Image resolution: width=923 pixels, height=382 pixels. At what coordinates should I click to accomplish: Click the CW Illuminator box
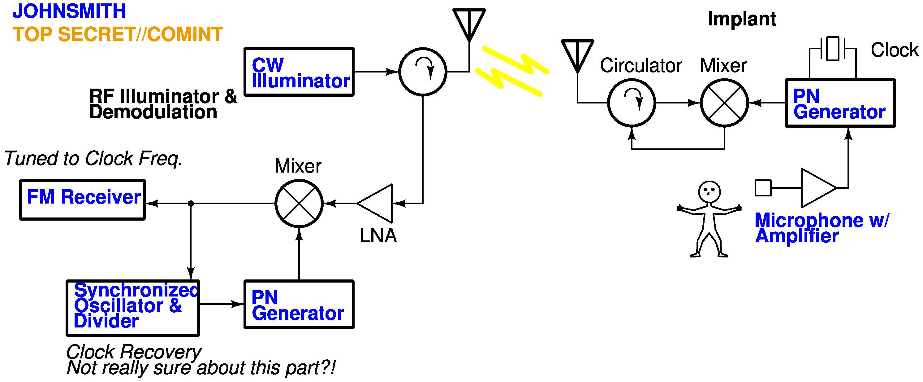(x=299, y=72)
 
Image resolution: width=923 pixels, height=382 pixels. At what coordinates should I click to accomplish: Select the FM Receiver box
(x=82, y=200)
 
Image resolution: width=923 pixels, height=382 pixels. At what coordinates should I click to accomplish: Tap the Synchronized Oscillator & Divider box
(x=132, y=308)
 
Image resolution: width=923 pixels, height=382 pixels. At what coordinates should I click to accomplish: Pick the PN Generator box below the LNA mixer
(x=299, y=304)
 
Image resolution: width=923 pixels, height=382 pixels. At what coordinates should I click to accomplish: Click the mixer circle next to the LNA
(x=299, y=203)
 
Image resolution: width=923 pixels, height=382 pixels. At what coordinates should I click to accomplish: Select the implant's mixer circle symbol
(x=724, y=103)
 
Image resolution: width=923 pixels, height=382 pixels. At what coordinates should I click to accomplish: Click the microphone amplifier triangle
(x=817, y=188)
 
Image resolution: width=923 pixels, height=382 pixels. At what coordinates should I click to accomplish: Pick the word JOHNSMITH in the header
(x=69, y=11)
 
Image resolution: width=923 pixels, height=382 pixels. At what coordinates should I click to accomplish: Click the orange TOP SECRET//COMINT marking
(x=118, y=34)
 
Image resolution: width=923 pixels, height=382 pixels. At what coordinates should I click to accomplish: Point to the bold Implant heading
(x=742, y=19)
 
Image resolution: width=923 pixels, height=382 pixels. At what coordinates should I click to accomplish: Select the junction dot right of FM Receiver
(x=191, y=203)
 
